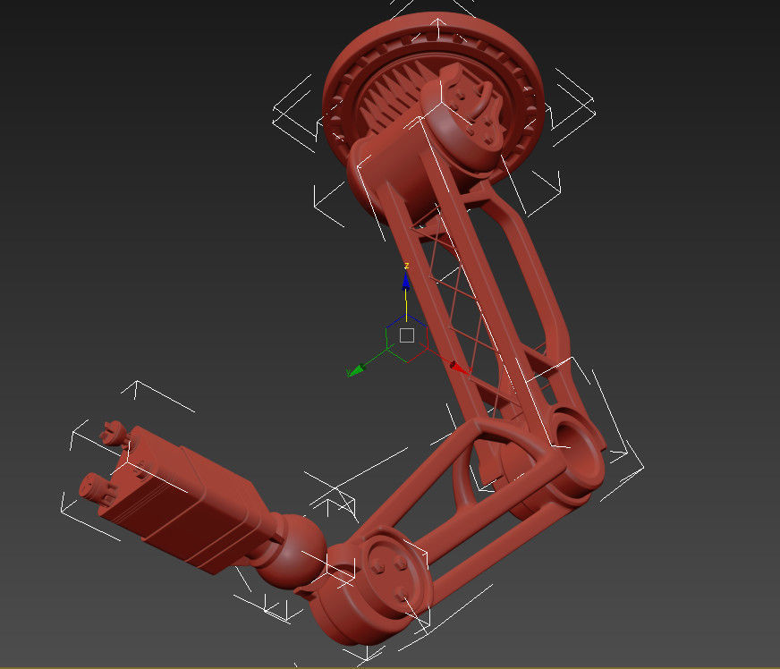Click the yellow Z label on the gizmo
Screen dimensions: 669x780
click(x=406, y=266)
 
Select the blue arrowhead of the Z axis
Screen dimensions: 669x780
click(x=406, y=281)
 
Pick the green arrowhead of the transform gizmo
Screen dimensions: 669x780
click(x=355, y=369)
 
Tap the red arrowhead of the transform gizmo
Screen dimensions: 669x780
click(x=458, y=366)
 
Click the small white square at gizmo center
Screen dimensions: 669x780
click(x=407, y=335)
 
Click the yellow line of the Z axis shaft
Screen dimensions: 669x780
click(x=406, y=304)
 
